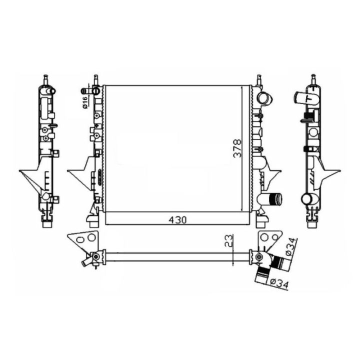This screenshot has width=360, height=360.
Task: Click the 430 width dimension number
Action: pyautogui.click(x=177, y=220)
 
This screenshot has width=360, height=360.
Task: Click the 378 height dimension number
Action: pyautogui.click(x=237, y=148)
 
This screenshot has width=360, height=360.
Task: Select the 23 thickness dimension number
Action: pyautogui.click(x=229, y=240)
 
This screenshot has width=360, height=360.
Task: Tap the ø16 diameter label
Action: pyautogui.click(x=84, y=102)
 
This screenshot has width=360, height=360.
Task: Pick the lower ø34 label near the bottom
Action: pyautogui.click(x=278, y=283)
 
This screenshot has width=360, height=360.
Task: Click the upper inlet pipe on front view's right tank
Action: pyautogui.click(x=264, y=98)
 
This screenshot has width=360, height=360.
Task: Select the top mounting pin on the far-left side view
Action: pyautogui.click(x=46, y=80)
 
